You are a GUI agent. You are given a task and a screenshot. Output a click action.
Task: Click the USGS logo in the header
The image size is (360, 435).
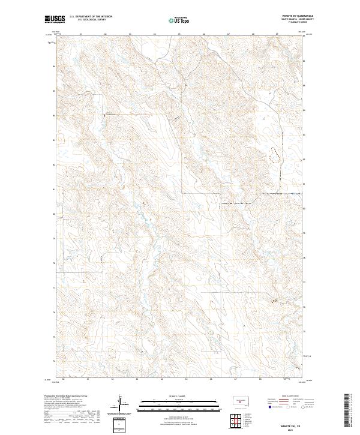[x=55, y=19]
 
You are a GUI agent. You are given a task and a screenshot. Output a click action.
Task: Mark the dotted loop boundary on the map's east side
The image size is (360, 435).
[x=275, y=155]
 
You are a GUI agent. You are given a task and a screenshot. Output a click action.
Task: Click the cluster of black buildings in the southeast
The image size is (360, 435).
[x=275, y=301]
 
